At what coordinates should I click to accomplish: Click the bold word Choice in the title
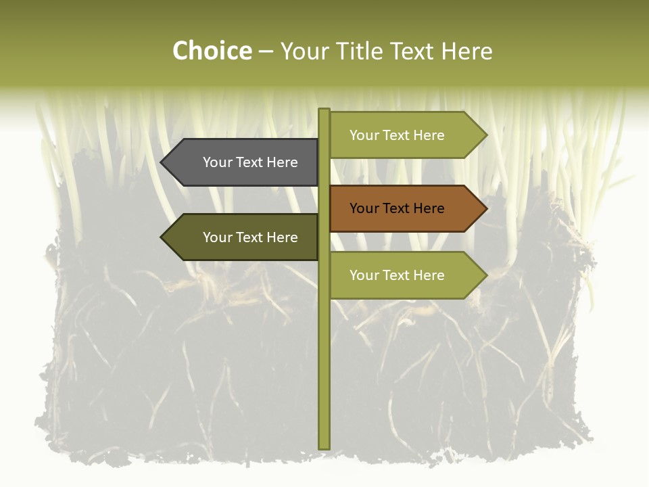(212, 51)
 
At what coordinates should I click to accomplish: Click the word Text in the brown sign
(397, 208)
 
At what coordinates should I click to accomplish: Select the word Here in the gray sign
(282, 162)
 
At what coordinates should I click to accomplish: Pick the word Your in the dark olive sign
(218, 237)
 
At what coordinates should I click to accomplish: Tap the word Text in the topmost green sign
(397, 135)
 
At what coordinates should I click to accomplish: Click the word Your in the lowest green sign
(364, 275)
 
